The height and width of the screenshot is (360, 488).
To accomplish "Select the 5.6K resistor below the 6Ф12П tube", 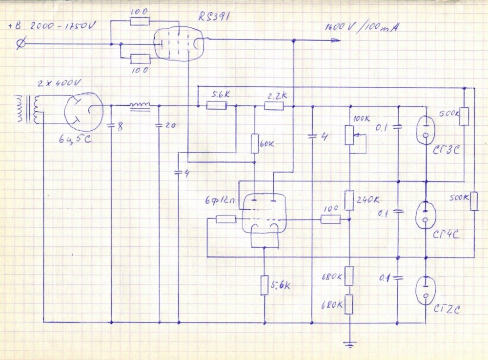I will coord(264,285).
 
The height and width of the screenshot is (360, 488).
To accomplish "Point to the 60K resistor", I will coord(255,144).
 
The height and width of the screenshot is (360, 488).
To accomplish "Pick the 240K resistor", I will coord(349,200).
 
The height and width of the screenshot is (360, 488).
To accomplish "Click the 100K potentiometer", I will coord(349,135).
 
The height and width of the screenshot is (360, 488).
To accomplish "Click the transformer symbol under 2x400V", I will coord(30,110).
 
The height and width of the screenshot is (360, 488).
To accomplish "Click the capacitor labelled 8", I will coord(111,125).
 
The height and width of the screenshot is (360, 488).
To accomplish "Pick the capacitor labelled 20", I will coord(159,125).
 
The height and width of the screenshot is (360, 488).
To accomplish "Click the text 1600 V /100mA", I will coord(361,27).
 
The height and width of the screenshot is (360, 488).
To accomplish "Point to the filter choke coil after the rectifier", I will coord(140,105).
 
